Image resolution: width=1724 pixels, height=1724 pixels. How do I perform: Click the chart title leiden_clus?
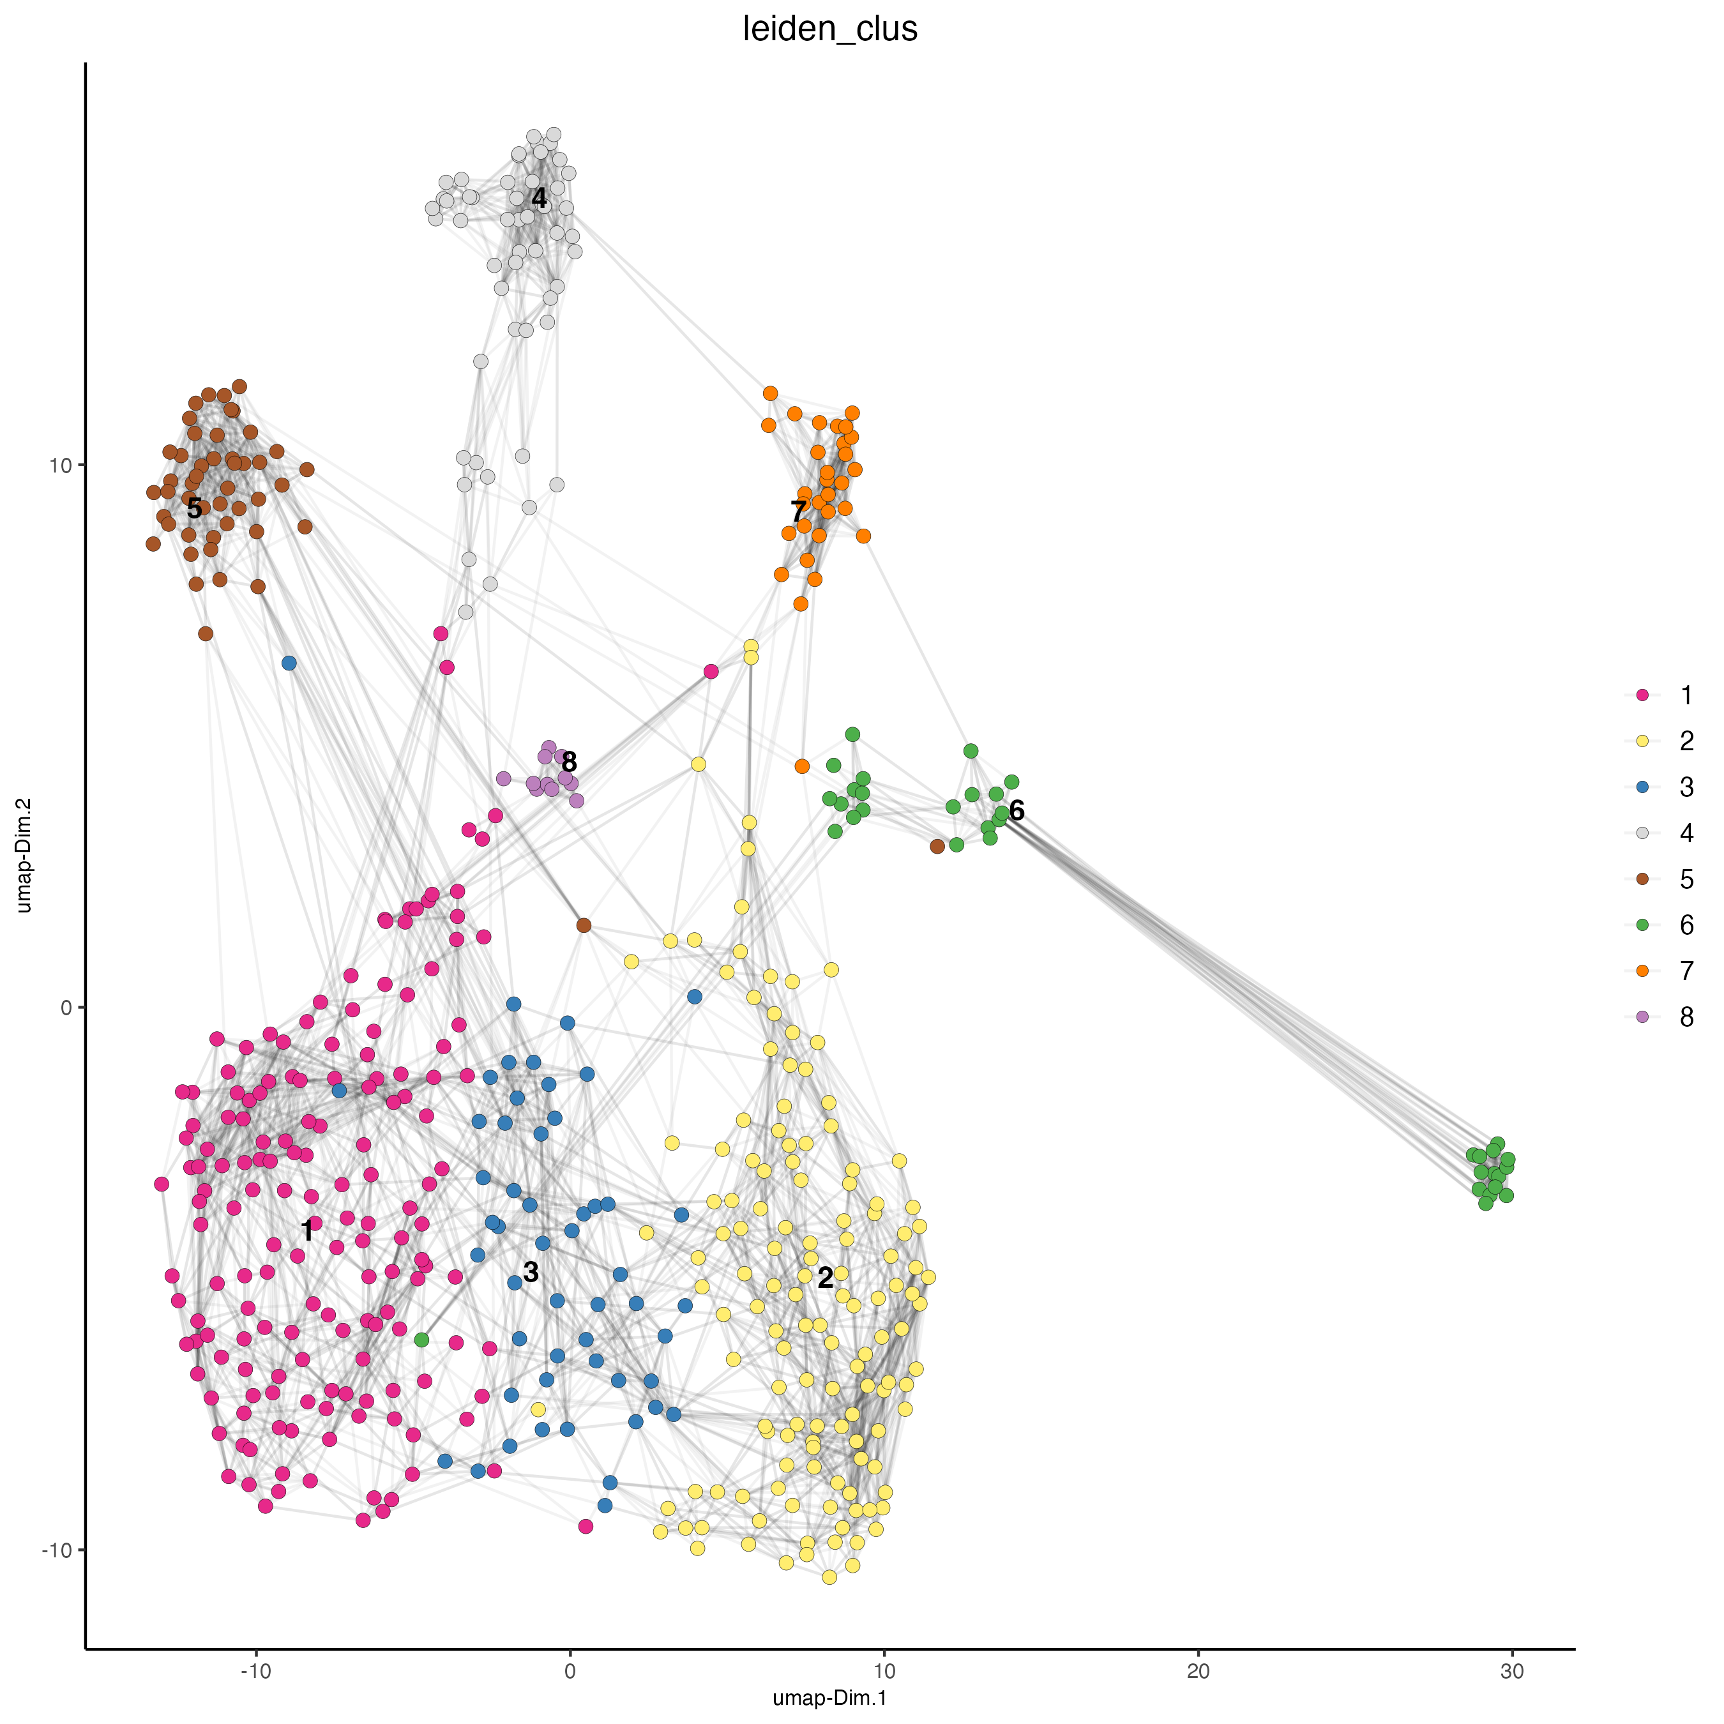coord(830,29)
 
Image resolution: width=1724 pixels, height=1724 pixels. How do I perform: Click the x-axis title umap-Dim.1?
coord(830,1697)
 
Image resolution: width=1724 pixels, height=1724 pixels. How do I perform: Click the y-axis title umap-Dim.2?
coord(24,855)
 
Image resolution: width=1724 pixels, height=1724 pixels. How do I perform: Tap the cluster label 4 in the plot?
coord(539,198)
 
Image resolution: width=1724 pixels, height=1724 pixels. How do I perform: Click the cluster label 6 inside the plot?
coord(1017,810)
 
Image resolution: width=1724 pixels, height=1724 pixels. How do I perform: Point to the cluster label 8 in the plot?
coord(570,762)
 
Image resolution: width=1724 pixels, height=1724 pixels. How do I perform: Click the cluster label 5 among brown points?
coord(195,509)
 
